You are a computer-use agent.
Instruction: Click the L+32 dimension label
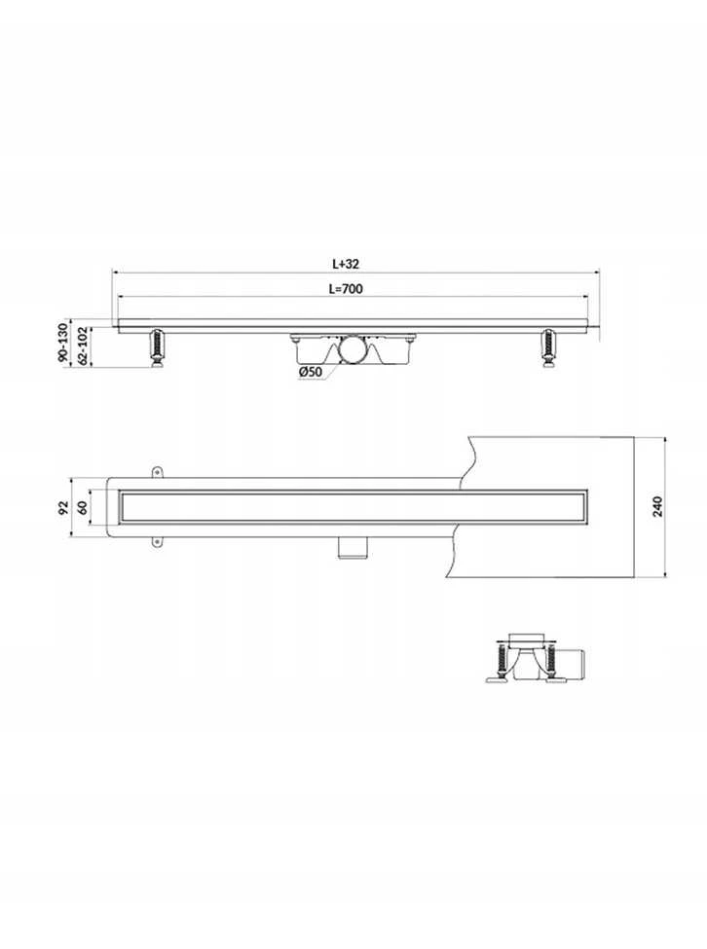(x=346, y=264)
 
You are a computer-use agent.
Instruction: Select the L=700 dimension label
(x=346, y=289)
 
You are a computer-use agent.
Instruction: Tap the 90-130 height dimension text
(x=61, y=343)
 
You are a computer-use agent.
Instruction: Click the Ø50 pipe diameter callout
(x=310, y=372)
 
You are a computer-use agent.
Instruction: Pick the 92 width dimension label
(x=61, y=506)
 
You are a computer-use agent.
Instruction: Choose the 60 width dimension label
(x=83, y=506)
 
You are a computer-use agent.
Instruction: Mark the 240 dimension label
(x=658, y=506)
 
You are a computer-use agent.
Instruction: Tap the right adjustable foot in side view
(x=548, y=347)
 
